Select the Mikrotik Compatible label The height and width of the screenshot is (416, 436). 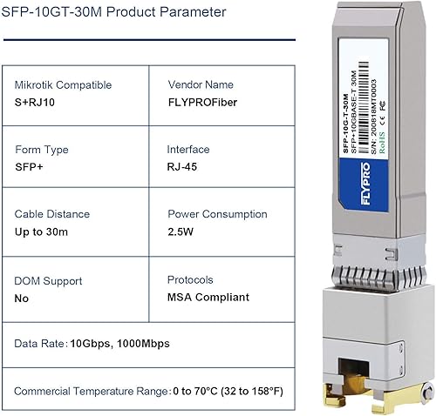point(63,85)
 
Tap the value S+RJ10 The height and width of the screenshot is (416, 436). point(37,103)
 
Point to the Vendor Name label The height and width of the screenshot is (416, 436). point(201,85)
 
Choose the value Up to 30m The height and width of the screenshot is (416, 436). point(42,232)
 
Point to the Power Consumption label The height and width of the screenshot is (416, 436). point(217,214)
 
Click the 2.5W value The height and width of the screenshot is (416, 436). point(181,232)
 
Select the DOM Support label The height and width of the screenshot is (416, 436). point(49,281)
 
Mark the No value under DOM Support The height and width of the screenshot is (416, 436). point(22,299)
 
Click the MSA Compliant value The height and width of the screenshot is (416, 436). point(208,298)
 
